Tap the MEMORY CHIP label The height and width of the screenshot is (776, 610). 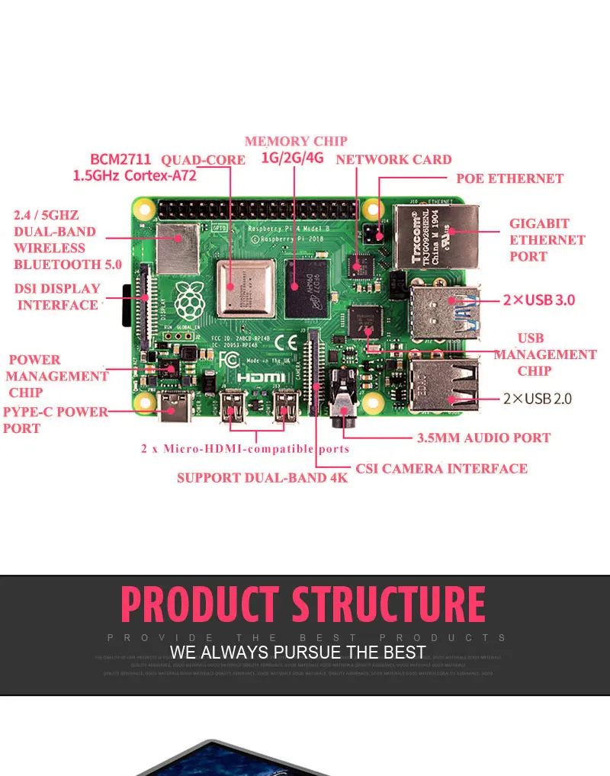point(296,141)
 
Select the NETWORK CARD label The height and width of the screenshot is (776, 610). point(393,159)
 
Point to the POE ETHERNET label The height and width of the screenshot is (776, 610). point(509,178)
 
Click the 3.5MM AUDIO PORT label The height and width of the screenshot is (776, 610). point(483,438)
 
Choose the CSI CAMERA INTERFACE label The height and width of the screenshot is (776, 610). point(441,468)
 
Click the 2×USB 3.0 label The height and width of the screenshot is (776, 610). point(538,300)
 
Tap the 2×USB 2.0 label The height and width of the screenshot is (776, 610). point(537,398)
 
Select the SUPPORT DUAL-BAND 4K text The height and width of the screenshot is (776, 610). point(262,478)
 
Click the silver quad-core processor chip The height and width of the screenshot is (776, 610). point(245,287)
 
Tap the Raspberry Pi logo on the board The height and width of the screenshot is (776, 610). point(187,300)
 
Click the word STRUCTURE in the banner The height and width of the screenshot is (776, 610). point(389,604)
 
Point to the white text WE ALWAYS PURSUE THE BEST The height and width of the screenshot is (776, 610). point(297,653)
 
